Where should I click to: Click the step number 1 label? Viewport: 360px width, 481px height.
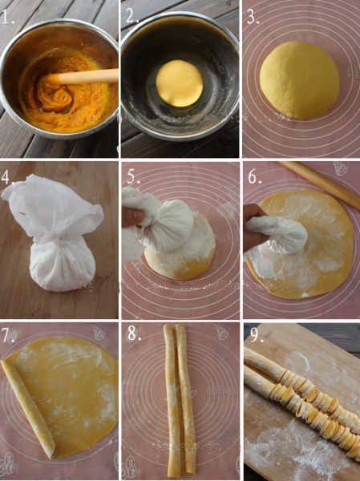click(x=7, y=17)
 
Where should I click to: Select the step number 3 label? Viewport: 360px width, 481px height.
click(x=253, y=17)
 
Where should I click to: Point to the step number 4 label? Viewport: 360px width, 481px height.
click(x=7, y=177)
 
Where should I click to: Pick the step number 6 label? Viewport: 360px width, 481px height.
click(x=255, y=176)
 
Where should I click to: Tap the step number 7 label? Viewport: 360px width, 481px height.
click(x=9, y=335)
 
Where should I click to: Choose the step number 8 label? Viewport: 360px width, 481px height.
click(x=134, y=333)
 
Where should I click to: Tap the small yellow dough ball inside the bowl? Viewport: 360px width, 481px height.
click(x=180, y=83)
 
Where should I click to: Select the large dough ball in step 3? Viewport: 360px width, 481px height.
click(x=299, y=79)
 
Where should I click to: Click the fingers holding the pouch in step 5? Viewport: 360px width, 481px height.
click(x=132, y=216)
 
